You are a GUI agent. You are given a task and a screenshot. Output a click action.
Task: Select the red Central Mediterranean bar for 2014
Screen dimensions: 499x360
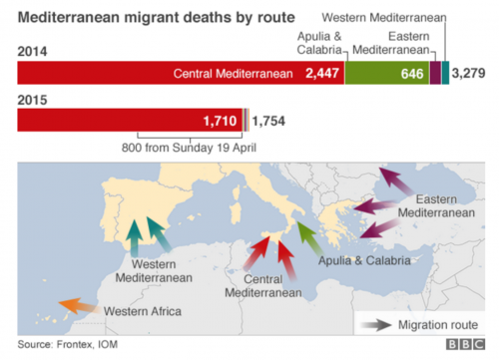[x=180, y=73]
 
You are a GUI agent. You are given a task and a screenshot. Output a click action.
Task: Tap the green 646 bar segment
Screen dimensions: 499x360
[x=387, y=73]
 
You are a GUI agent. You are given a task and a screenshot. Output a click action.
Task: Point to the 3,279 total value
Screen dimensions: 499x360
[x=469, y=73]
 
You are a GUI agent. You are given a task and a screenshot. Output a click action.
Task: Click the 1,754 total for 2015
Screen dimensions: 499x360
[x=268, y=121]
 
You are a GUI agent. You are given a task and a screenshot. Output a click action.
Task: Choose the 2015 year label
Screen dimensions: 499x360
[x=35, y=98]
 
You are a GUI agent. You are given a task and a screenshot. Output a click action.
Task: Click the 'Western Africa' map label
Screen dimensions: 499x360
[x=143, y=312]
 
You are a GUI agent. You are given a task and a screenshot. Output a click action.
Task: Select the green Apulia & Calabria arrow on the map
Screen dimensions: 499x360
[x=306, y=236]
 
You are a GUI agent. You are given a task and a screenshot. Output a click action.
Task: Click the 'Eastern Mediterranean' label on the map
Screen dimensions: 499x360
[x=434, y=206]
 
